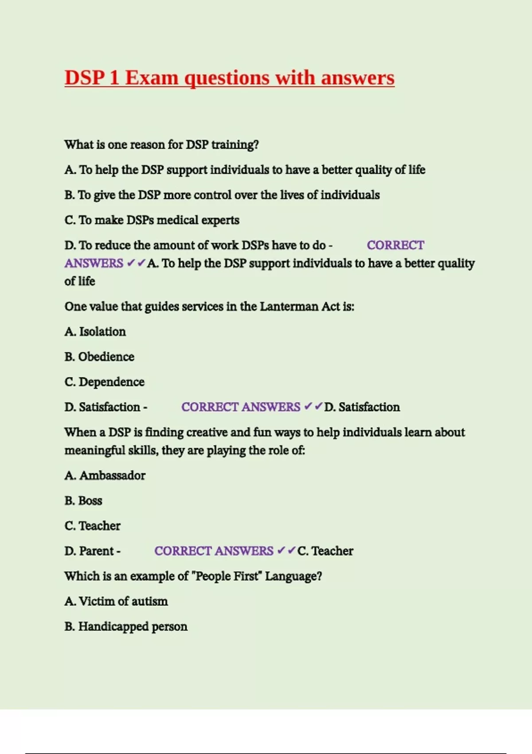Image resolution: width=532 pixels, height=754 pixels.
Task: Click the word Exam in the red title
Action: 151,78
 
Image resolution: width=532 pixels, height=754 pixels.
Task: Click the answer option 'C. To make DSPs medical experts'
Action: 152,220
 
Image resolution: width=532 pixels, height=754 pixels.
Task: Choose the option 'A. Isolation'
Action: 95,332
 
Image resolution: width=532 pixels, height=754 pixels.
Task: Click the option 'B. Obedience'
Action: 99,357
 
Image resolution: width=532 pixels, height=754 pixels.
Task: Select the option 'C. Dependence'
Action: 104,382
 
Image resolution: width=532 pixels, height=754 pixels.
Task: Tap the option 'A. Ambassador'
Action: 105,475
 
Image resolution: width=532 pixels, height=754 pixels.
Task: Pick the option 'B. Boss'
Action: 83,501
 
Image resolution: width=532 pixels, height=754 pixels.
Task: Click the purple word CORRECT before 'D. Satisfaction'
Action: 210,407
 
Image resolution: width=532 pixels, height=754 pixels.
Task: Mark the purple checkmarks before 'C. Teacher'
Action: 286,550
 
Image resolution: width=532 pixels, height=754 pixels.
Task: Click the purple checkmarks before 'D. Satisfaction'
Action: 313,407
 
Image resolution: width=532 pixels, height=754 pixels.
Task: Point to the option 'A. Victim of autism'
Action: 116,601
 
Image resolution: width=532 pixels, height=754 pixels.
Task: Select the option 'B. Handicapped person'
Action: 125,627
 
